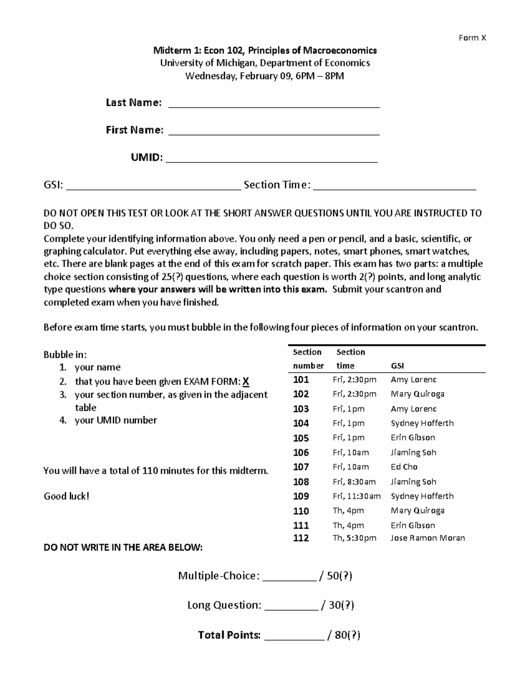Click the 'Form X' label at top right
click(472, 38)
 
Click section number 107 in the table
click(301, 467)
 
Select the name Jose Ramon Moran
click(428, 538)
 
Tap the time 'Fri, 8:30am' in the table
click(354, 482)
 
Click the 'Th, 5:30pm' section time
click(354, 538)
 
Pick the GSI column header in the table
click(397, 366)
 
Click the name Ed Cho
click(404, 467)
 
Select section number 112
click(301, 538)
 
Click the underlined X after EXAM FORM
click(246, 382)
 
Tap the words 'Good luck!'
click(66, 496)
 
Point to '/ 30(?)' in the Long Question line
click(338, 605)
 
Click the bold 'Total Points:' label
click(229, 635)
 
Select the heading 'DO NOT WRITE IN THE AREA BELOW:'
click(123, 548)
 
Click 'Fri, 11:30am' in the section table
click(356, 496)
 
